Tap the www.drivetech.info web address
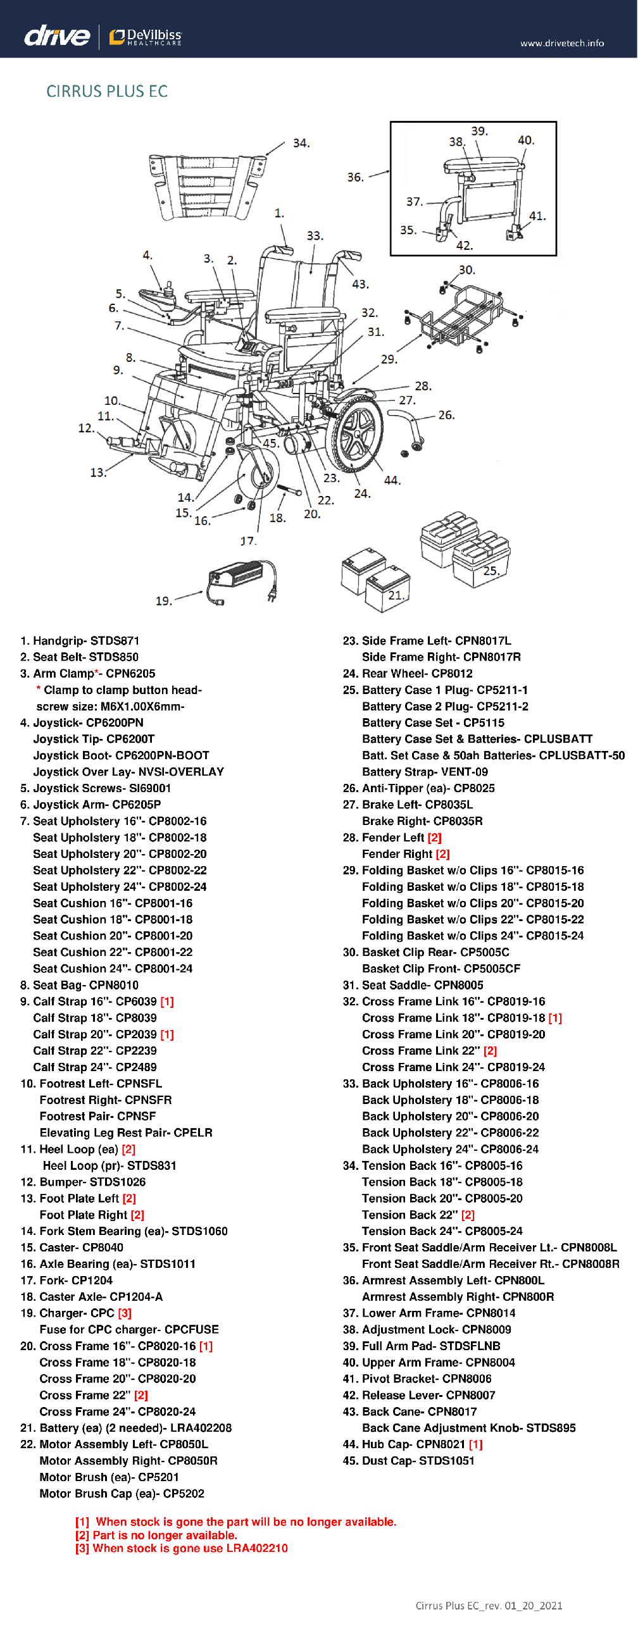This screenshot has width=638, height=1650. (562, 43)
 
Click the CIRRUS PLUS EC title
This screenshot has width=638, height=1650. (107, 92)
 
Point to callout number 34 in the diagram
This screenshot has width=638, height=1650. (301, 143)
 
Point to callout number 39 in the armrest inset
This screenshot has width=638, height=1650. (479, 132)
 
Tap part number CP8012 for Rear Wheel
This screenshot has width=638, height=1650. (451, 673)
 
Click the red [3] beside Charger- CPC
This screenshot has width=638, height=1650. (125, 1312)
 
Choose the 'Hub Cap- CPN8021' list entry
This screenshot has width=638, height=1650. (413, 1444)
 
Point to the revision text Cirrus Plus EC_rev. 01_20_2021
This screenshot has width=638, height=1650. (489, 1605)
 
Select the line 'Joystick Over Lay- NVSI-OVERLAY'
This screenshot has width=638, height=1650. (128, 771)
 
